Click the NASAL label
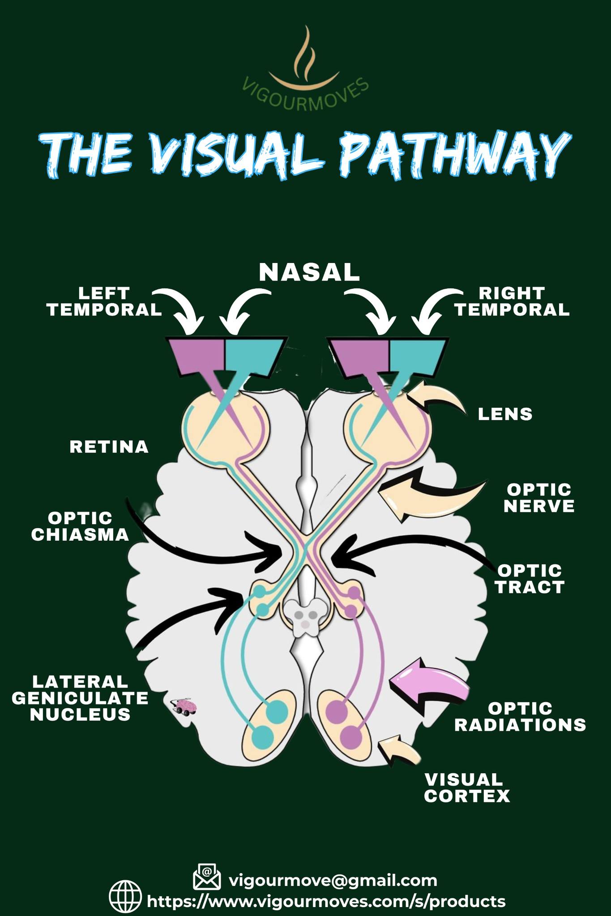pyautogui.click(x=309, y=272)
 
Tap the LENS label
pyautogui.click(x=505, y=414)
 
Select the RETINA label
pyautogui.click(x=109, y=447)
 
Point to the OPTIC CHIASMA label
pyautogui.click(x=80, y=526)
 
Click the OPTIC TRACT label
pyautogui.click(x=530, y=579)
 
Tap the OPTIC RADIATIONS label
pyautogui.click(x=520, y=716)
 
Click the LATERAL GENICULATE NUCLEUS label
pyautogui.click(x=80, y=698)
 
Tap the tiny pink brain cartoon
pyautogui.click(x=183, y=707)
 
